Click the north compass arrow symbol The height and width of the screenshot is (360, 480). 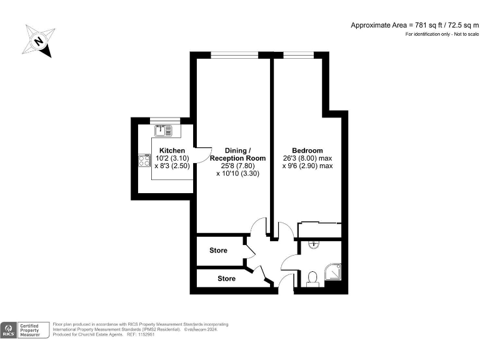click(x=38, y=41)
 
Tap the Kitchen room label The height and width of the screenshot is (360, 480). click(x=172, y=151)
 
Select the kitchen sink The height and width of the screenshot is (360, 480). click(x=164, y=131)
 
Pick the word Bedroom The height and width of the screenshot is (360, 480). click(x=307, y=151)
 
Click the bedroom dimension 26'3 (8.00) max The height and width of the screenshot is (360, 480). click(x=307, y=159)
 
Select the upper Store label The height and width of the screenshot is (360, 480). click(x=218, y=251)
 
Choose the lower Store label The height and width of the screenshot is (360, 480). click(x=227, y=278)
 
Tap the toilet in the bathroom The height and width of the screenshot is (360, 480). click(x=312, y=278)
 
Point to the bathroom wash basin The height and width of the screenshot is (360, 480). click(x=314, y=245)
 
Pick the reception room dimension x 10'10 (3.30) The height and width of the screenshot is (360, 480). click(x=237, y=174)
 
